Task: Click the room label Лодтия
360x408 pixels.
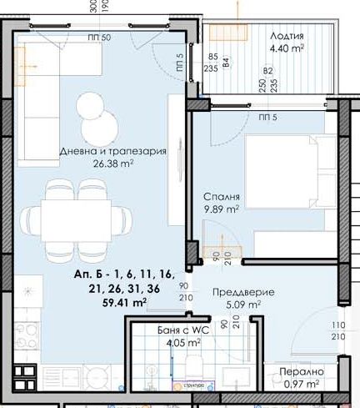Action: pyautogui.click(x=287, y=36)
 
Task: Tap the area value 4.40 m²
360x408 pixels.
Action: pyautogui.click(x=287, y=48)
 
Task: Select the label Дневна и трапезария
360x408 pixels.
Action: pyautogui.click(x=113, y=152)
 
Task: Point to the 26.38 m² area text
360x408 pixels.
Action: pyautogui.click(x=113, y=164)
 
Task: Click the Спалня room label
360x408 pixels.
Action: pyautogui.click(x=222, y=198)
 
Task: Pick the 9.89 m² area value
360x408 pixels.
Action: pyautogui.click(x=222, y=210)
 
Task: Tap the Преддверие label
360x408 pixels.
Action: pyautogui.click(x=237, y=292)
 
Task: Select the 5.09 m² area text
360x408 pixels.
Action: pyautogui.click(x=237, y=305)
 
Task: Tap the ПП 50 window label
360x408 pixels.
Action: pyautogui.click(x=98, y=38)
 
